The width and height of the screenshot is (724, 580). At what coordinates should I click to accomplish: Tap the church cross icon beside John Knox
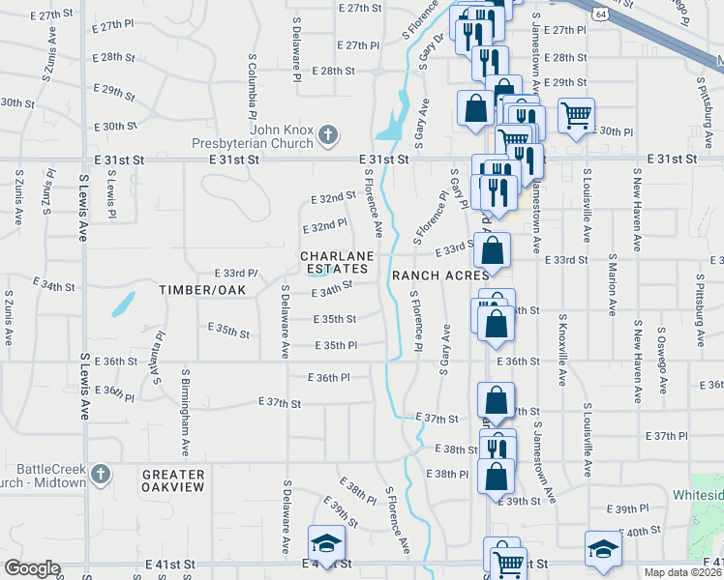pyautogui.click(x=328, y=134)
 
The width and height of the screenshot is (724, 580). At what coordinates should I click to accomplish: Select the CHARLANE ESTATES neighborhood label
pyautogui.click(x=335, y=261)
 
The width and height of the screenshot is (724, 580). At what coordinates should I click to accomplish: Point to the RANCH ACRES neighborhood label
pyautogui.click(x=440, y=275)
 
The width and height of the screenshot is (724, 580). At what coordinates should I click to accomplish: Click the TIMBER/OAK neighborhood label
pyautogui.click(x=203, y=290)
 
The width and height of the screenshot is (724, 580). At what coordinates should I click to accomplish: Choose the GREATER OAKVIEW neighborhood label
pyautogui.click(x=173, y=480)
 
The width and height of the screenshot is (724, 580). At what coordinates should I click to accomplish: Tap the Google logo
pyautogui.click(x=32, y=568)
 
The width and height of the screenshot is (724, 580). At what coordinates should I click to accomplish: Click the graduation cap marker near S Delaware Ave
pyautogui.click(x=326, y=543)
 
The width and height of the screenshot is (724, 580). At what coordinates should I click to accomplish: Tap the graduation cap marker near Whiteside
pyautogui.click(x=601, y=548)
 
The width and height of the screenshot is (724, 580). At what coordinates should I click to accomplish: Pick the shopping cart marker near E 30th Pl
pyautogui.click(x=576, y=117)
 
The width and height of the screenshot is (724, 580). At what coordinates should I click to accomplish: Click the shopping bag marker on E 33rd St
pyautogui.click(x=493, y=250)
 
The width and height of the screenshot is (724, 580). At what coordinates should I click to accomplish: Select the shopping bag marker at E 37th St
pyautogui.click(x=496, y=400)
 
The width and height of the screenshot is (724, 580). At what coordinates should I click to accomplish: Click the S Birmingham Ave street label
pyautogui.click(x=184, y=412)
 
